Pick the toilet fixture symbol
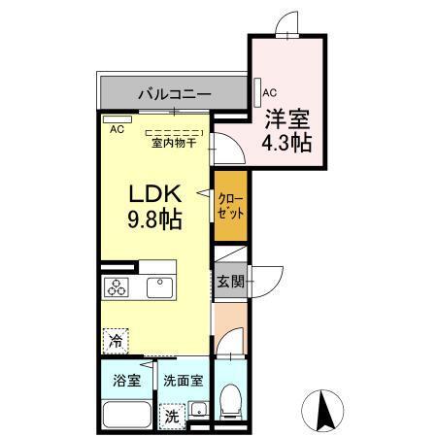pyautogui.click(x=231, y=401)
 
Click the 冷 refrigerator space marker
pyautogui.click(x=117, y=341)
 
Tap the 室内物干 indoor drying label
pyautogui.click(x=174, y=143)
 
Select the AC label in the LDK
pyautogui.click(x=117, y=128)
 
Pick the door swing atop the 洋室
pyautogui.click(x=288, y=21)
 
